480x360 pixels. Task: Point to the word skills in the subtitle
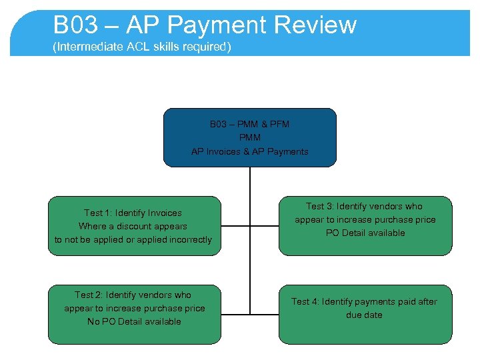(166, 47)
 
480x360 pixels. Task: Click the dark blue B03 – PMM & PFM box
(250, 137)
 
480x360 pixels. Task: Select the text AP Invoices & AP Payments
(250, 151)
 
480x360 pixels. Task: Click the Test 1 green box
(133, 225)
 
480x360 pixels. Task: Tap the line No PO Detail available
(134, 321)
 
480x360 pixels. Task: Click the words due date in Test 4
(364, 315)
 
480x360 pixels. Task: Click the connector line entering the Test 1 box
(235, 226)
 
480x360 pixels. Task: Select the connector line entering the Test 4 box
(264, 314)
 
